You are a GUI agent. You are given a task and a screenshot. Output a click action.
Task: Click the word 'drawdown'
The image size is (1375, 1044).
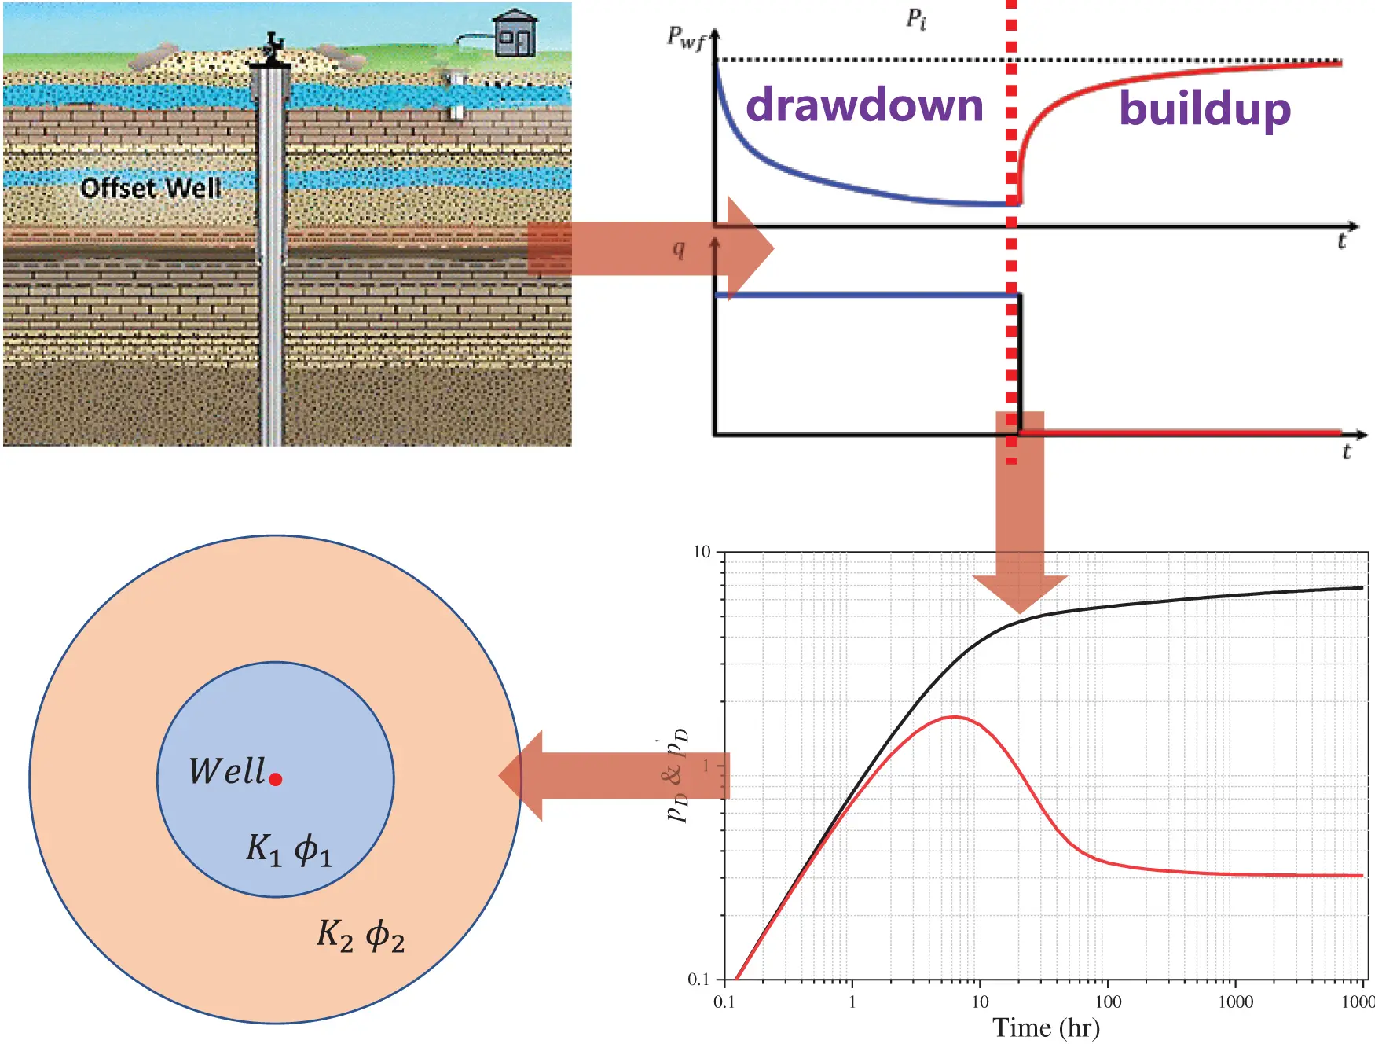(x=864, y=105)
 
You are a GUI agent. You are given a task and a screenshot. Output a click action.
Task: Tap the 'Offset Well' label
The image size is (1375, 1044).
(x=151, y=188)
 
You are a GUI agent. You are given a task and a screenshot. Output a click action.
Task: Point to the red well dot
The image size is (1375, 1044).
(x=276, y=780)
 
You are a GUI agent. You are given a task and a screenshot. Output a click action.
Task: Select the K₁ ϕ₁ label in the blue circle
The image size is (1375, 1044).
(x=289, y=850)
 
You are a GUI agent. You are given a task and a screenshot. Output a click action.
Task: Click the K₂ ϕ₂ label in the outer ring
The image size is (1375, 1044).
(x=361, y=936)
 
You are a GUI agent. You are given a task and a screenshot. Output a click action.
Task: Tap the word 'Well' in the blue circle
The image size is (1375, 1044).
(x=226, y=771)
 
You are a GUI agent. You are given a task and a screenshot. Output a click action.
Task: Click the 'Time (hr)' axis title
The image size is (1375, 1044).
(x=1046, y=1027)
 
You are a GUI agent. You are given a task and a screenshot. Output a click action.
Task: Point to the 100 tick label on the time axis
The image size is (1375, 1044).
(x=1108, y=1002)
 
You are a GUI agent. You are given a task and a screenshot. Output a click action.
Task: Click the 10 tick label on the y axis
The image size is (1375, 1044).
(x=702, y=552)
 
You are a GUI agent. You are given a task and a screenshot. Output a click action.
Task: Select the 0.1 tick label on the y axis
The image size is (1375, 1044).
(x=698, y=980)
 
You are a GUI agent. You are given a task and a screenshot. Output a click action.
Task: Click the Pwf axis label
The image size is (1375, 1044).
(x=686, y=38)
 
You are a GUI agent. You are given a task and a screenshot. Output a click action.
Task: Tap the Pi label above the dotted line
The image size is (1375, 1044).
(x=916, y=19)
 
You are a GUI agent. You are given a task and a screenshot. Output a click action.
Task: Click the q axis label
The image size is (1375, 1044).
(x=679, y=249)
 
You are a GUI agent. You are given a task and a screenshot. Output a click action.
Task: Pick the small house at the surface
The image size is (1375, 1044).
(x=515, y=35)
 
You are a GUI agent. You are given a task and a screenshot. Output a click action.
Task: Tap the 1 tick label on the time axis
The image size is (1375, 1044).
(x=852, y=1002)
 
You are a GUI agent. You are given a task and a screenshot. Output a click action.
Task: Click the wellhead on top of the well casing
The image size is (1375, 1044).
(x=271, y=49)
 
